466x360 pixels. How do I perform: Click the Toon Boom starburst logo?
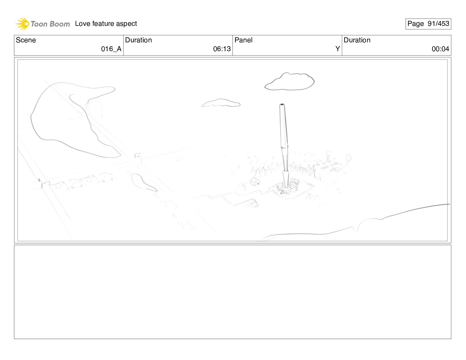[x=22, y=24]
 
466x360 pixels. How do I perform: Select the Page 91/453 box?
[x=428, y=24]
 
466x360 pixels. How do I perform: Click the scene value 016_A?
[x=111, y=49]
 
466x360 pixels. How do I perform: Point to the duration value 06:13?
[x=222, y=49]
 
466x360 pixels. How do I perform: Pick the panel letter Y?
[x=337, y=49]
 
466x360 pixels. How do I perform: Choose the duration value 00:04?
[x=440, y=49]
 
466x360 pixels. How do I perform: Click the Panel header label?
[x=243, y=40]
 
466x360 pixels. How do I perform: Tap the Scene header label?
[x=26, y=40]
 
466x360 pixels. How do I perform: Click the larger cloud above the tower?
[x=289, y=81]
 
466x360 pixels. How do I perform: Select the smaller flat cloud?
[x=221, y=103]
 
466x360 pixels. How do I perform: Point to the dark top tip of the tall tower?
[x=282, y=105]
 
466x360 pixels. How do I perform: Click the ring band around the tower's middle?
[x=284, y=147]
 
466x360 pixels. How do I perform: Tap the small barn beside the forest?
[x=255, y=181]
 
